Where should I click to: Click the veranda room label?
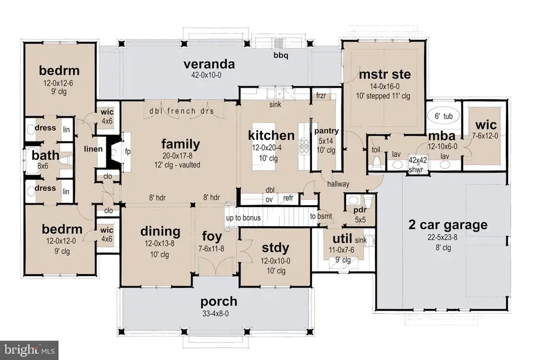coord(209,64)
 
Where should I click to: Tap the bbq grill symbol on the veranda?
coord(278,43)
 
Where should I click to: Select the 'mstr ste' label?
coord(385,74)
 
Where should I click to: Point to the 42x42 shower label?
coord(418,160)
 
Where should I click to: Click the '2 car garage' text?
coord(448,225)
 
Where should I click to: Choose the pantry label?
coord(326,131)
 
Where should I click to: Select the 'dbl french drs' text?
coord(181,111)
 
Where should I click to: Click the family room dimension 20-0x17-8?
coord(181,156)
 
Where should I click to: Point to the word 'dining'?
coord(160,232)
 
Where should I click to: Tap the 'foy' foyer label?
coord(212,236)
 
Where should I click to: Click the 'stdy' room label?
coord(275,247)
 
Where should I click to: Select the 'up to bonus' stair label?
coord(243,218)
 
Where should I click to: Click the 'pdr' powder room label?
coord(360,210)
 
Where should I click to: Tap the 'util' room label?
coord(342,238)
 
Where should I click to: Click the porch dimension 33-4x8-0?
coord(215,313)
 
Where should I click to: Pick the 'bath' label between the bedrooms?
coord(46,155)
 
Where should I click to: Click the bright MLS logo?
coord(29,350)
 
